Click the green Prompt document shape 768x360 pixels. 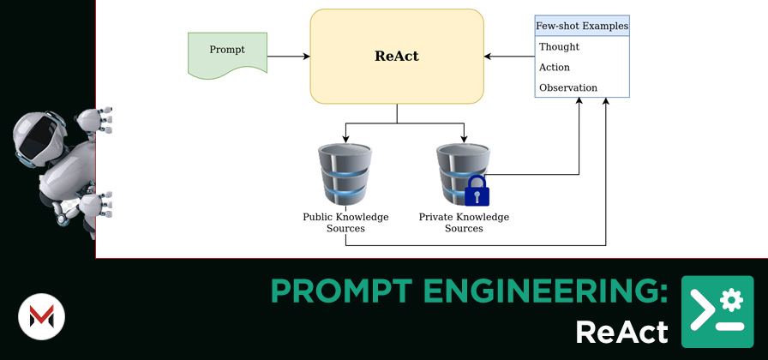[227, 55]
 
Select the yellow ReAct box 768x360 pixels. [397, 57]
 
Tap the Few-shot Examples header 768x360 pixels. [582, 26]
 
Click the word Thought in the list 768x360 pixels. [559, 47]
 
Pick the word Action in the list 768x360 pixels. [555, 68]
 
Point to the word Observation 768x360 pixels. [568, 88]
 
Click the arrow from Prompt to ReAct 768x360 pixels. [289, 57]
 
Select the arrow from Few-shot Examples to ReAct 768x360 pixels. [509, 57]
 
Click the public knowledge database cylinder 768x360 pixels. [345, 174]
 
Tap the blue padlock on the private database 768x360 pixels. [477, 191]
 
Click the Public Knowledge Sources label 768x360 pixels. [345, 222]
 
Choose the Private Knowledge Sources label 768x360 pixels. [464, 222]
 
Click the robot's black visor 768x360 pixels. [39, 136]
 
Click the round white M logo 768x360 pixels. [42, 316]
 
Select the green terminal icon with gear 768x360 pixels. [717, 311]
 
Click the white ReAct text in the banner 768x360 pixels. [621, 332]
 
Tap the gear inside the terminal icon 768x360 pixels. [732, 299]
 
